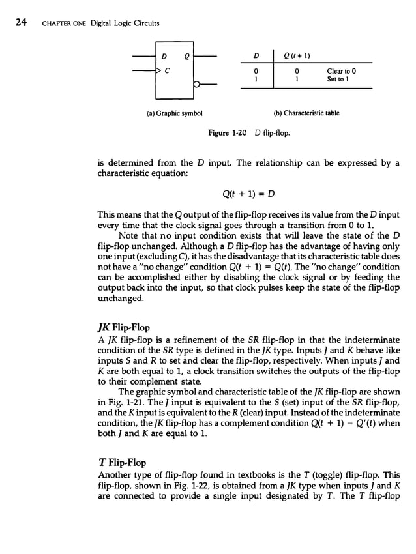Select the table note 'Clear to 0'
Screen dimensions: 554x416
point(341,70)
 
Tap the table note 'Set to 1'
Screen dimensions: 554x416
point(338,80)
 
